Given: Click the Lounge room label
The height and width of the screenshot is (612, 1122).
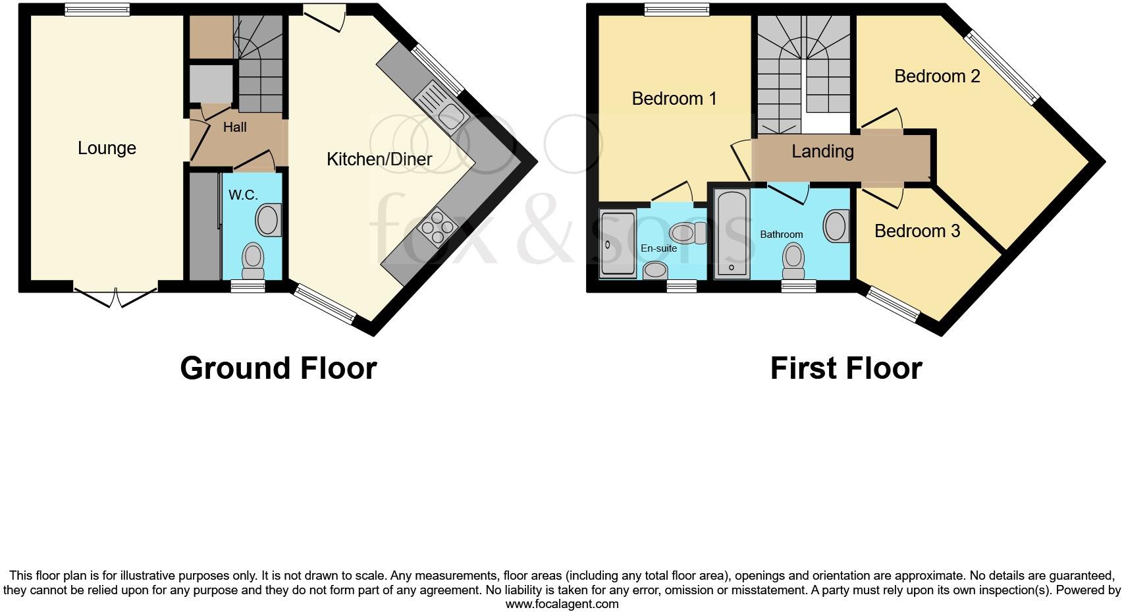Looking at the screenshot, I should (107, 148).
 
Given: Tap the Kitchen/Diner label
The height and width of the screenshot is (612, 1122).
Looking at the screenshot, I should (379, 159).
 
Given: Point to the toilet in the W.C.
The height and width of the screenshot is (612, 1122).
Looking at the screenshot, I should (253, 260).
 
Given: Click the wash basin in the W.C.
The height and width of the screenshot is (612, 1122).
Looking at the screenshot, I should (269, 220).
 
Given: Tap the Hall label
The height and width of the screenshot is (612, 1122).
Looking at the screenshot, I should (234, 127).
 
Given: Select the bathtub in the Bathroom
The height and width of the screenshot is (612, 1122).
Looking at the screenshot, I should (732, 233).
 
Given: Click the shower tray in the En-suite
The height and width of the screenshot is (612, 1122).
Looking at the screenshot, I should (617, 243).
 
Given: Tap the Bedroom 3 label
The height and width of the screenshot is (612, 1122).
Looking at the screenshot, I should (917, 231).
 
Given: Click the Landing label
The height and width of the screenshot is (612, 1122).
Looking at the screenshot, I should (822, 152).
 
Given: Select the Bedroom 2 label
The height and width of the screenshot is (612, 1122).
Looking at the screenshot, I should (936, 76).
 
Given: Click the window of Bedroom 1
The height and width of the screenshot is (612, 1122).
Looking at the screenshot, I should (676, 9).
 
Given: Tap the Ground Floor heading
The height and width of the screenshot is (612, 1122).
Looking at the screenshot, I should (278, 368).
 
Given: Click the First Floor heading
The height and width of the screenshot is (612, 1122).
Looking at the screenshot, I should (845, 368).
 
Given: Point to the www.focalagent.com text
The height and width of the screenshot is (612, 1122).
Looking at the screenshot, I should (562, 603).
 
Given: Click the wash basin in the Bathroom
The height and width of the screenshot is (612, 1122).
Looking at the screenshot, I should (835, 226).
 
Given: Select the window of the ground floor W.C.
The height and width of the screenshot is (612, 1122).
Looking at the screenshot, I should (248, 285).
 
